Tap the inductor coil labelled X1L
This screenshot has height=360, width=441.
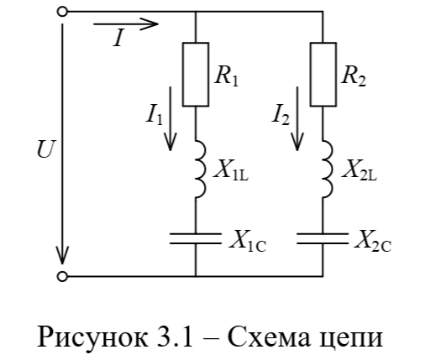[x=201, y=169]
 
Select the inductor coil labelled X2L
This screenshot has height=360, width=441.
[x=328, y=169]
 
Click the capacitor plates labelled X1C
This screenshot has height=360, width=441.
[x=196, y=238]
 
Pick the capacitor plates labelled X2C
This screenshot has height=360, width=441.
[x=323, y=238]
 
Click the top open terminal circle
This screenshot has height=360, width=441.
[x=62, y=12]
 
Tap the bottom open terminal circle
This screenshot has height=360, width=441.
[x=62, y=277]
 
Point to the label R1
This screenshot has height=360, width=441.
[x=226, y=76]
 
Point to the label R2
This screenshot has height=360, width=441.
[x=354, y=76]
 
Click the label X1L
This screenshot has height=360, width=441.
[x=231, y=170]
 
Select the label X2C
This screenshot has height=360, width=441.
[x=373, y=241]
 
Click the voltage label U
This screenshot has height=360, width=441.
[x=45, y=149]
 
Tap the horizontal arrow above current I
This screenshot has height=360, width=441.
[x=126, y=24]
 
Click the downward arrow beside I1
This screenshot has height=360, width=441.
[x=171, y=118]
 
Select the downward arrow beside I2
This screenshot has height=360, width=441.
[x=297, y=118]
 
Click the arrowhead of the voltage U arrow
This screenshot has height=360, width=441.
[x=62, y=256]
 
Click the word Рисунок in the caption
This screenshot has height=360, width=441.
[x=92, y=337]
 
